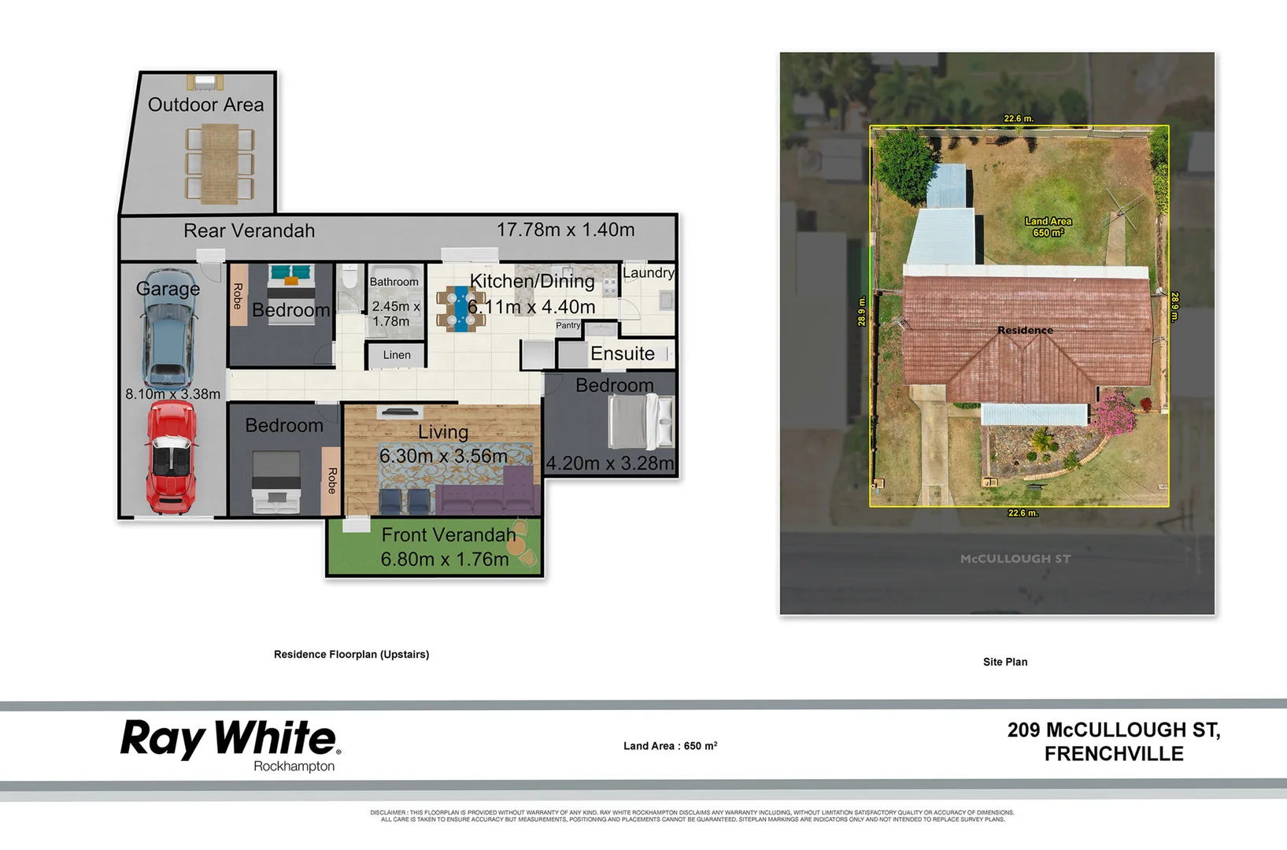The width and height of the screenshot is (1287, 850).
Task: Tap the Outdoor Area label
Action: tap(205, 105)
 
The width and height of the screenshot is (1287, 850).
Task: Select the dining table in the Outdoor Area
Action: tap(220, 164)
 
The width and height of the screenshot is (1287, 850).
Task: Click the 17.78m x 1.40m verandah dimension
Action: tap(565, 230)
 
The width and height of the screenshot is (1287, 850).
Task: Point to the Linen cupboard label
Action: tap(397, 355)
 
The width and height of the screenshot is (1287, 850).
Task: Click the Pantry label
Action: tap(568, 325)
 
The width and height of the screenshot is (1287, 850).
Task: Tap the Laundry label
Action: tap(648, 273)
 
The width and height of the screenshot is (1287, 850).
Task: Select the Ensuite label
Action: tap(622, 354)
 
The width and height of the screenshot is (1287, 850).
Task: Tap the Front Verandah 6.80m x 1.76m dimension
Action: tap(445, 559)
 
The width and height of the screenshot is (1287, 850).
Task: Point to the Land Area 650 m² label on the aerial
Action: tap(1048, 227)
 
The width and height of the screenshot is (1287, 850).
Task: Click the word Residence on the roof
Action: tap(1025, 331)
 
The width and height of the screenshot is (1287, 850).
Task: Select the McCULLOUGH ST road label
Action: tap(1015, 559)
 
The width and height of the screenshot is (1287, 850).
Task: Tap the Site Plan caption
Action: tap(1004, 662)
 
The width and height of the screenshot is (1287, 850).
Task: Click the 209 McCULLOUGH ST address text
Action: tap(1113, 730)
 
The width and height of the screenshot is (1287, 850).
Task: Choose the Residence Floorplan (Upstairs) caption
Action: tap(351, 654)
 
